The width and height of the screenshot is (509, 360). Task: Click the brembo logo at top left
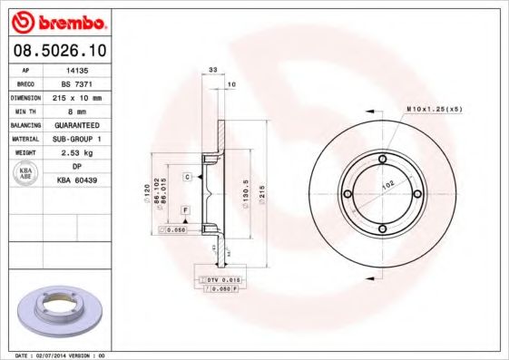pyautogui.click(x=59, y=20)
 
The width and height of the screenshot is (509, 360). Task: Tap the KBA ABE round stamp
pyautogui.click(x=26, y=174)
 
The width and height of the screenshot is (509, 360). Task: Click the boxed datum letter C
pyautogui.click(x=186, y=176)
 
